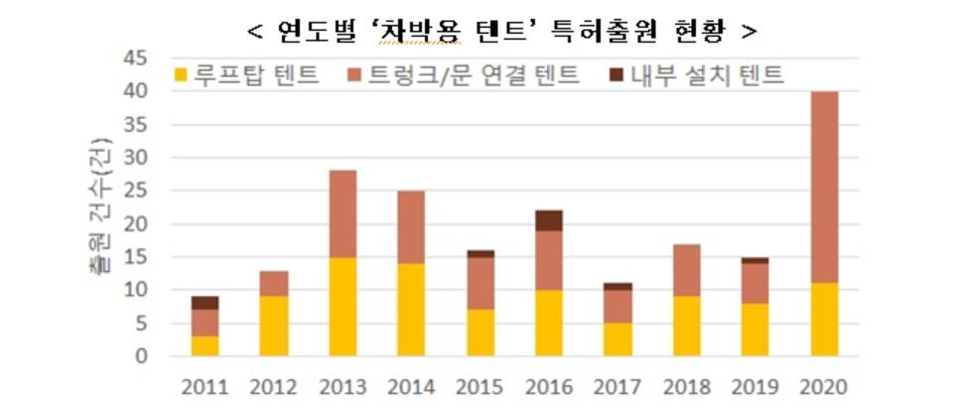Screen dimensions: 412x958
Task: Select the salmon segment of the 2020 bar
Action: click(824, 187)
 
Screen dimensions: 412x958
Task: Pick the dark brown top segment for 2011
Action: click(205, 302)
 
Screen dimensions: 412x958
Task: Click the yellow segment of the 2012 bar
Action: click(275, 326)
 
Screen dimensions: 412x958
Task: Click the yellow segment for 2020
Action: click(824, 319)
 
